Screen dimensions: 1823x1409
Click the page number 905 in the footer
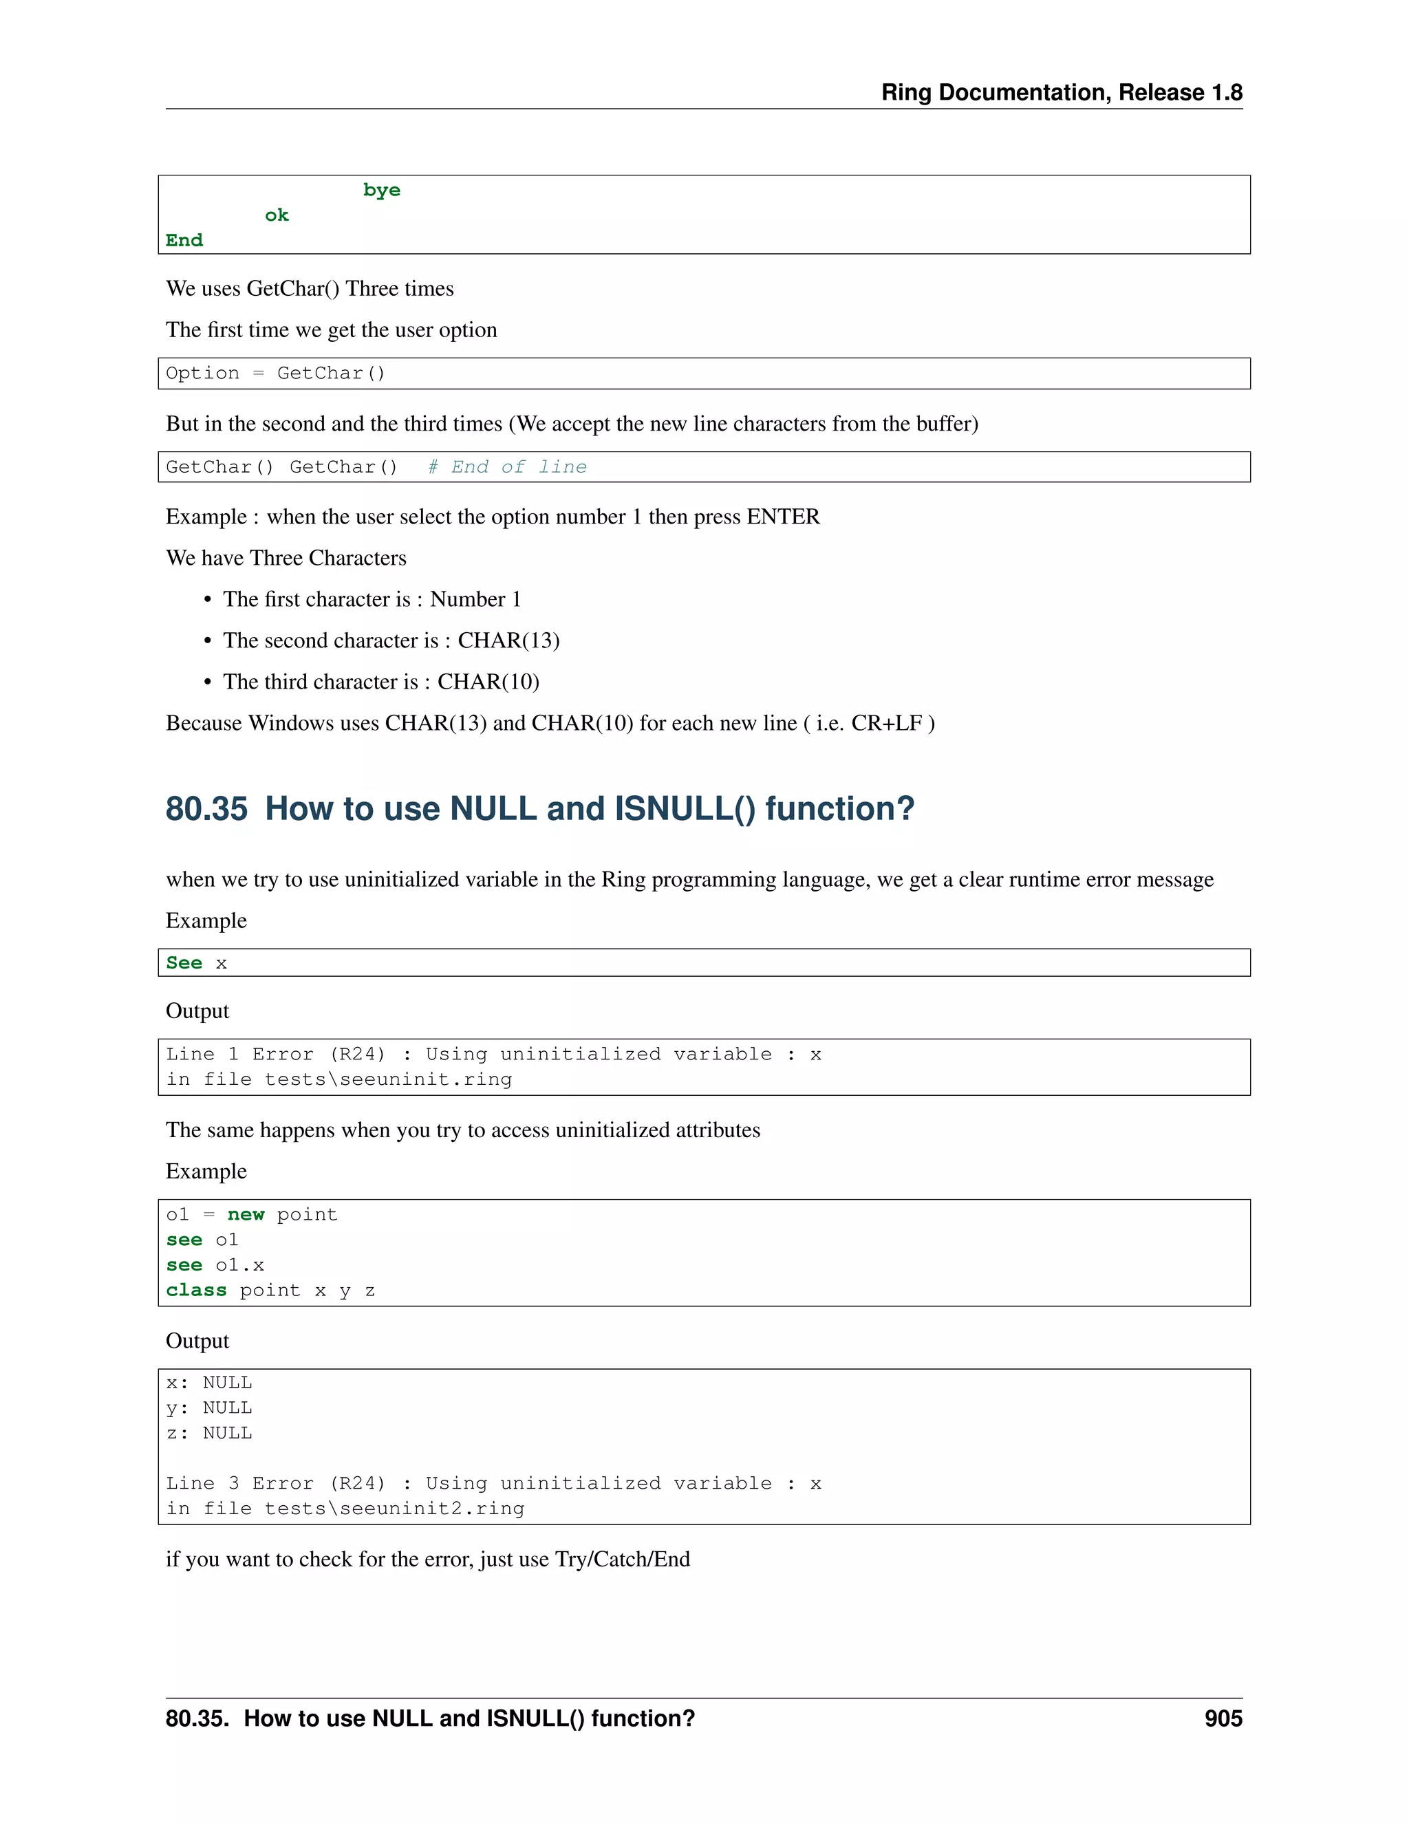pos(1222,1718)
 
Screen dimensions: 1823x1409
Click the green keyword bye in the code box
pos(381,191)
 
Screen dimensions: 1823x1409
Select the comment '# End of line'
pos(506,466)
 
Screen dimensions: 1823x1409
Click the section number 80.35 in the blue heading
pos(206,808)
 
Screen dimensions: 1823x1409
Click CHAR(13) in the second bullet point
pos(508,640)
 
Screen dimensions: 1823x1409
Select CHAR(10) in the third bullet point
pos(488,681)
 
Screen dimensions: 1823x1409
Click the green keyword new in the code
pos(246,1214)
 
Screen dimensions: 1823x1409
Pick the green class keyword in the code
pos(196,1291)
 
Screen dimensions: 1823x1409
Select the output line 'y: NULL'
pos(208,1407)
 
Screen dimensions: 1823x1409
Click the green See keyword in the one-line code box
pos(184,962)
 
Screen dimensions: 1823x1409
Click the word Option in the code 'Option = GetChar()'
pos(202,373)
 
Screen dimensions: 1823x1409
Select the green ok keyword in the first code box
pos(277,215)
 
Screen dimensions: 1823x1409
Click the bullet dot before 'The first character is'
pos(207,599)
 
